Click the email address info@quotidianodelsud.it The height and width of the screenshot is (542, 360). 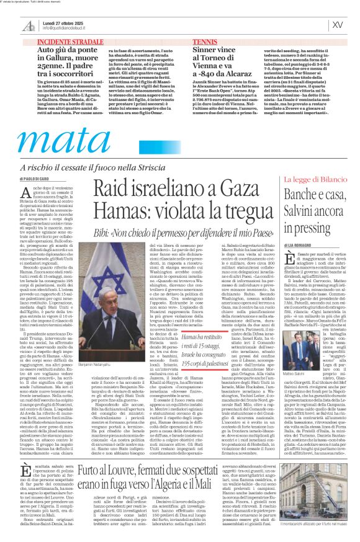[x=65, y=28]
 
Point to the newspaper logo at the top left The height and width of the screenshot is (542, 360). [x=29, y=25]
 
